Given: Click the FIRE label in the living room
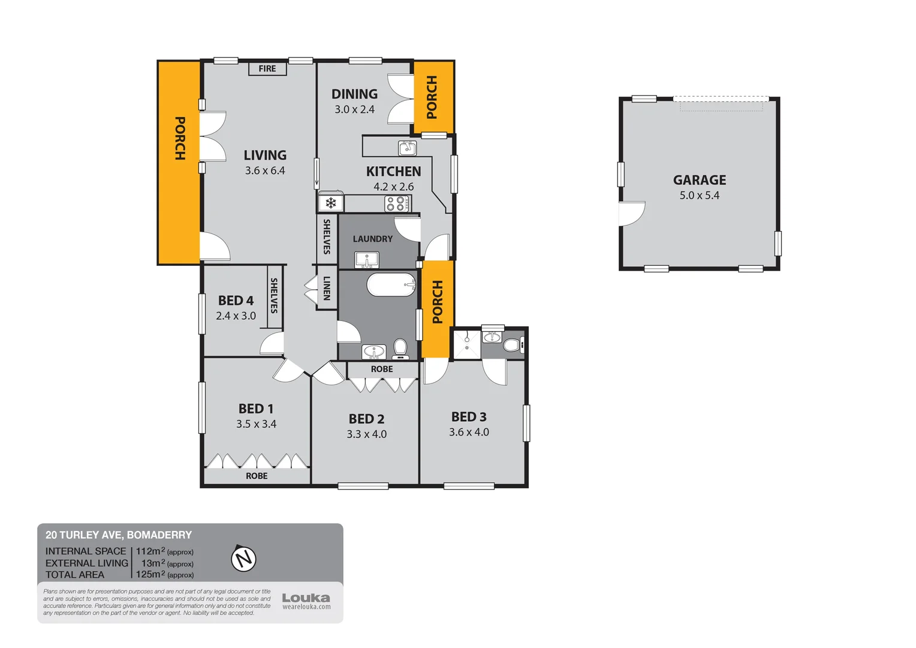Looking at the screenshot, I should tap(267, 69).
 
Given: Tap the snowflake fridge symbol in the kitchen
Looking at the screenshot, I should tap(331, 203).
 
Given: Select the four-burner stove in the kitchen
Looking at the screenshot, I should tap(397, 203).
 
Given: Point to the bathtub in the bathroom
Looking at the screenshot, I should tap(391, 284).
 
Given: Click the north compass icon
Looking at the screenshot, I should tap(243, 559).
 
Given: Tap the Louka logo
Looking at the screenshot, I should tap(306, 598).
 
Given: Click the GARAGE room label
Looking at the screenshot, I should tap(699, 180).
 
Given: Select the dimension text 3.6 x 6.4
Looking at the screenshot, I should tap(265, 171).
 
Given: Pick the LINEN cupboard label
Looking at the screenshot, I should tap(327, 288).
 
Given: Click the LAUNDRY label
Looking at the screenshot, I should tap(372, 239).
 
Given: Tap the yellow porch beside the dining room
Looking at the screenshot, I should tap(433, 97).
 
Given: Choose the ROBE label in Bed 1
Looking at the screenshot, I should tap(257, 476).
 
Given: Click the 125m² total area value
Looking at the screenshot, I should tap(150, 574).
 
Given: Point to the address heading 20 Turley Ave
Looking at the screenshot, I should tap(119, 535).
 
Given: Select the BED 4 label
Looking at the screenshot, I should tap(236, 301).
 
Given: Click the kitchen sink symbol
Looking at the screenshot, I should tap(407, 148).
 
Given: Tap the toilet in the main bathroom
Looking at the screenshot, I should tap(400, 348).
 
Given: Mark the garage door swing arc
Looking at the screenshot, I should tap(632, 214).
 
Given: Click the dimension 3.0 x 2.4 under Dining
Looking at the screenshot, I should tap(354, 110).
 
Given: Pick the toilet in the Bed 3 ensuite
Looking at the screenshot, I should tap(511, 345).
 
